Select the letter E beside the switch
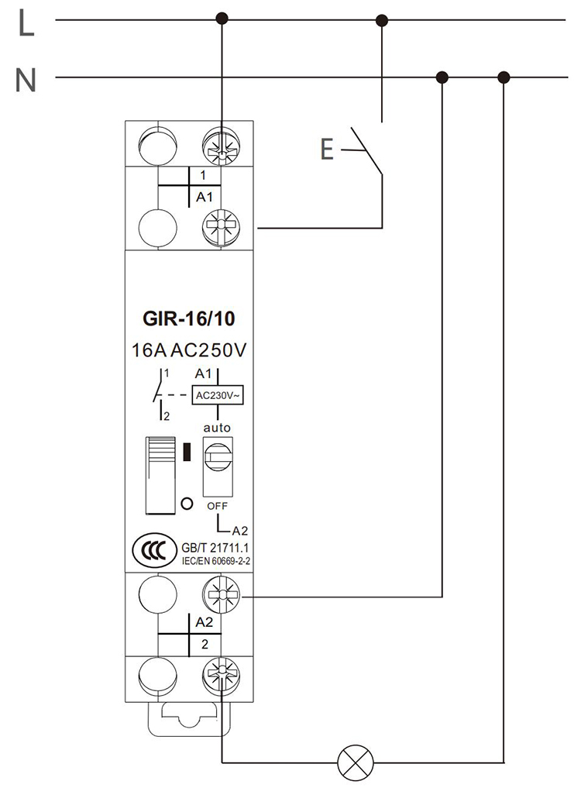[x=327, y=148]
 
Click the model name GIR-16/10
[x=189, y=318]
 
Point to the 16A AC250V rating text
[x=189, y=350]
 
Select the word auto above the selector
[x=217, y=427]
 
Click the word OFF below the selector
[x=217, y=505]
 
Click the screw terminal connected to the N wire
[x=222, y=597]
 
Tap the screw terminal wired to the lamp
[x=222, y=671]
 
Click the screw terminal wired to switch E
[x=222, y=229]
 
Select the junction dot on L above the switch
[x=381, y=19]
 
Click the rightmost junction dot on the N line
[x=504, y=77]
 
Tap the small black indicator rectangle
[x=186, y=452]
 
